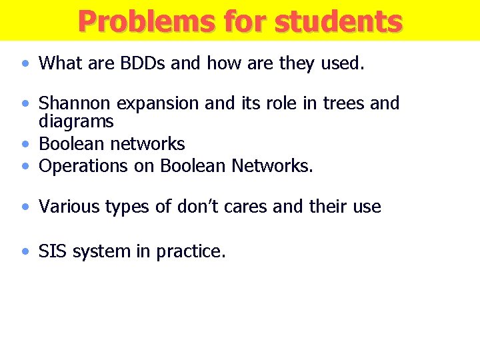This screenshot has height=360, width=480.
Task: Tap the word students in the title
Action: (x=338, y=21)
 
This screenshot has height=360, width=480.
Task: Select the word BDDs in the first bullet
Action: (x=141, y=63)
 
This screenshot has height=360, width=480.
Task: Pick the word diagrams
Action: (x=76, y=121)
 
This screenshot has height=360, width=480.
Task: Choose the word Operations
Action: (x=83, y=166)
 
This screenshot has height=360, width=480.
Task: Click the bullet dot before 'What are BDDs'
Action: (x=25, y=64)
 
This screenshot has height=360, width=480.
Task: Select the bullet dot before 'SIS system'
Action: (x=25, y=252)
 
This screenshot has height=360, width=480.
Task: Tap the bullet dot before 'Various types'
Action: (x=25, y=207)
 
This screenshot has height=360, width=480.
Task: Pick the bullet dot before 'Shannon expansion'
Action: (x=25, y=104)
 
